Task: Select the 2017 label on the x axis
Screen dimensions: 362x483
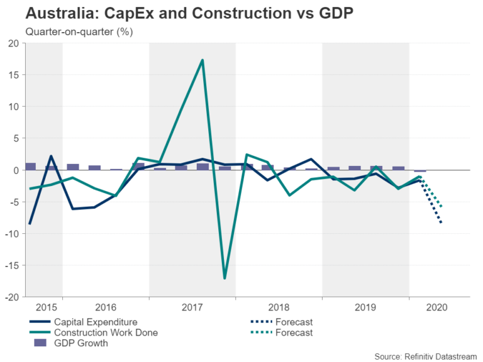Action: [192, 308]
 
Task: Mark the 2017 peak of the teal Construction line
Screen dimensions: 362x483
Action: [203, 60]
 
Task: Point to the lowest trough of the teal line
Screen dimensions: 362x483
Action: [225, 278]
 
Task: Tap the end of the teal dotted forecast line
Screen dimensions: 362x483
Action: [441, 207]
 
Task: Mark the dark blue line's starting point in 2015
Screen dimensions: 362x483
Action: [30, 224]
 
